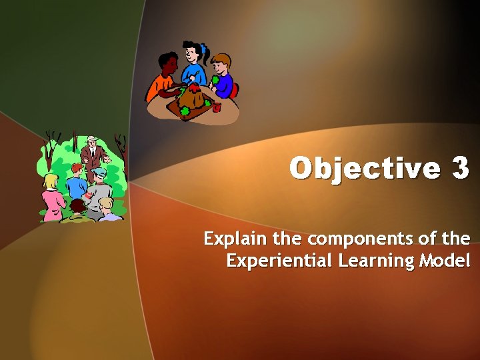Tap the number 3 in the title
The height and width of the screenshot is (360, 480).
coord(460,169)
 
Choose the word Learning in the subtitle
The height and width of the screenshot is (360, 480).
coord(376,260)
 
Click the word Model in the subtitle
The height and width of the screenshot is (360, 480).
coord(445,260)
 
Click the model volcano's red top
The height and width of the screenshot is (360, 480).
coord(194,87)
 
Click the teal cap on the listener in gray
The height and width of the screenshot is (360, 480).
coord(99,173)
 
